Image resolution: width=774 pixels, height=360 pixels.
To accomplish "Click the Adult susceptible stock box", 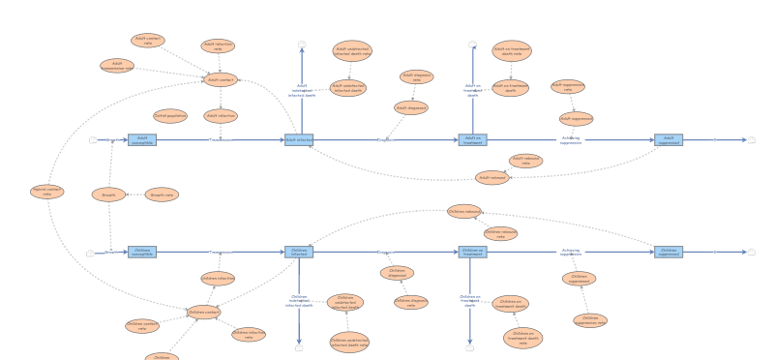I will coord(142,139).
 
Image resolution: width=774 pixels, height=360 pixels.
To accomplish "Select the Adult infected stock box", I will coord(299,139).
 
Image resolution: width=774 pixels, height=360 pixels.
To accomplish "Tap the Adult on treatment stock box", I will coord(472,139).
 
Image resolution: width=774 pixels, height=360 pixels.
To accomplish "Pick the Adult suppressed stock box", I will coord(669,139).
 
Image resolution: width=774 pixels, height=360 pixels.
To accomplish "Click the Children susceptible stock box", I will coord(142,252).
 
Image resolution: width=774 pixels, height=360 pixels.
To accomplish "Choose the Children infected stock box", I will coord(299,252).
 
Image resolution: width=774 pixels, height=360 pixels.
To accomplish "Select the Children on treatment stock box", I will coord(472,252).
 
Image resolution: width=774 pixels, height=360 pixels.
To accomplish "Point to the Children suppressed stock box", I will coord(669,252).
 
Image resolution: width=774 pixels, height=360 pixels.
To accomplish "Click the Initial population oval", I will coord(170,116).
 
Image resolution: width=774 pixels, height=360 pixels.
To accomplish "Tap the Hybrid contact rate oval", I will coord(46,192).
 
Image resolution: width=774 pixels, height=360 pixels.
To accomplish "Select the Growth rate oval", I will coord(162,195).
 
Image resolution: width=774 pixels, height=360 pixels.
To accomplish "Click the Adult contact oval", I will coord(221,79).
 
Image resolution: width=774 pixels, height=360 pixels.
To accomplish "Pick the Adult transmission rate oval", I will coord(117,66).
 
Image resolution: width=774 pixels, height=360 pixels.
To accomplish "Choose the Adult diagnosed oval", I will coord(411,108).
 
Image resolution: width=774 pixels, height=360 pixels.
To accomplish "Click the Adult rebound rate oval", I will coord(525,161).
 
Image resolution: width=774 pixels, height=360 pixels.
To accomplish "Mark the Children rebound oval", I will coord(464,211).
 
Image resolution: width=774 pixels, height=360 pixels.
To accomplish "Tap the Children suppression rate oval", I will coord(590,320).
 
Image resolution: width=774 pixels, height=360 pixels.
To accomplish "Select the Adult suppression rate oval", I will coord(568,86).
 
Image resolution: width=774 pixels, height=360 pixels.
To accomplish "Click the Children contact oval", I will coord(203,312).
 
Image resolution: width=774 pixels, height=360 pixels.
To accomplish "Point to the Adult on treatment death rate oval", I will coord(512,51).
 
